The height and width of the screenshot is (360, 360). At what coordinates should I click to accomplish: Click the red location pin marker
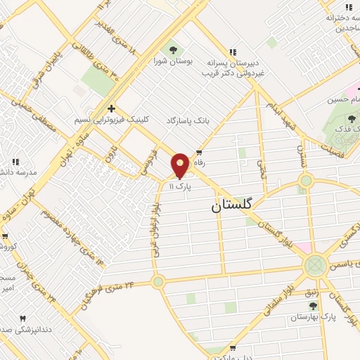pos(180,165)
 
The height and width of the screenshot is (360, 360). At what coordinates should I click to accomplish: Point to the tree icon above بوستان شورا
pos(172,49)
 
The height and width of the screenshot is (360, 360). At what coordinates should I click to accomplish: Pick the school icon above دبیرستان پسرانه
pos(233,51)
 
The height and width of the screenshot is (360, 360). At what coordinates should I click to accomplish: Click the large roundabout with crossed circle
pos(315,265)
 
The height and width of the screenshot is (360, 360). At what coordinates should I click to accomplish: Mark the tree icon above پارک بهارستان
pos(313,306)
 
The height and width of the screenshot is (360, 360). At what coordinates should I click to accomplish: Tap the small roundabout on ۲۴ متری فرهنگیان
pos(158,281)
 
